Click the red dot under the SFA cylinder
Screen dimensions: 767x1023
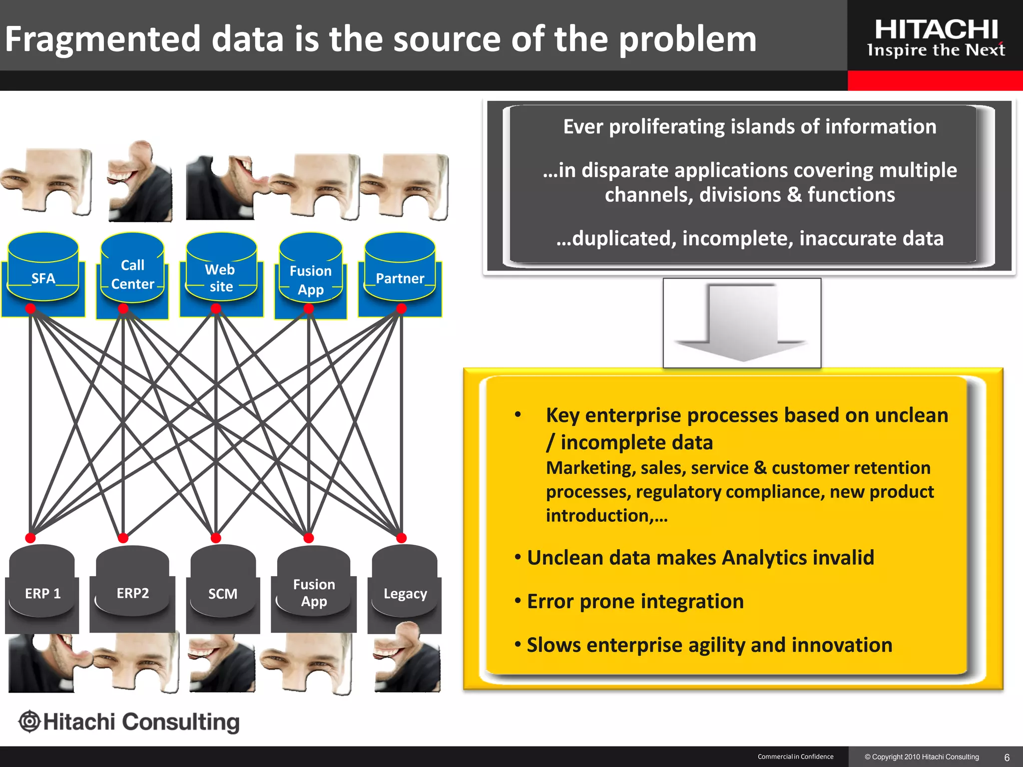click(30, 309)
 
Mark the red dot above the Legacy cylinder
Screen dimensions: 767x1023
click(401, 538)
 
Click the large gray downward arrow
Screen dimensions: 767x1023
click(742, 322)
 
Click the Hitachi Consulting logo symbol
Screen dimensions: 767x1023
click(29, 722)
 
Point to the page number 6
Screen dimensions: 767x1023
click(1007, 758)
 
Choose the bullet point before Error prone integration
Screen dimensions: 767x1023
click(518, 600)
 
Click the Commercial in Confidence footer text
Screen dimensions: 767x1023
click(795, 757)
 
